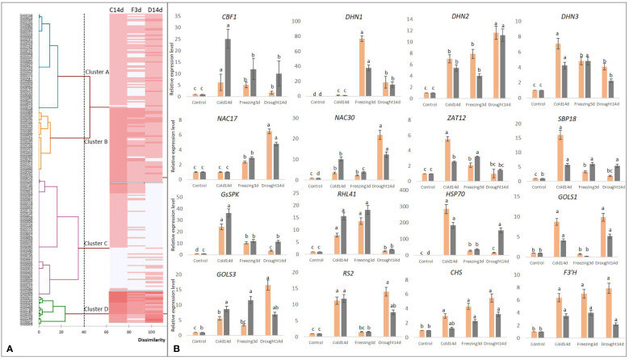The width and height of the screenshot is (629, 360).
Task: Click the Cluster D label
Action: (x=97, y=310)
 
